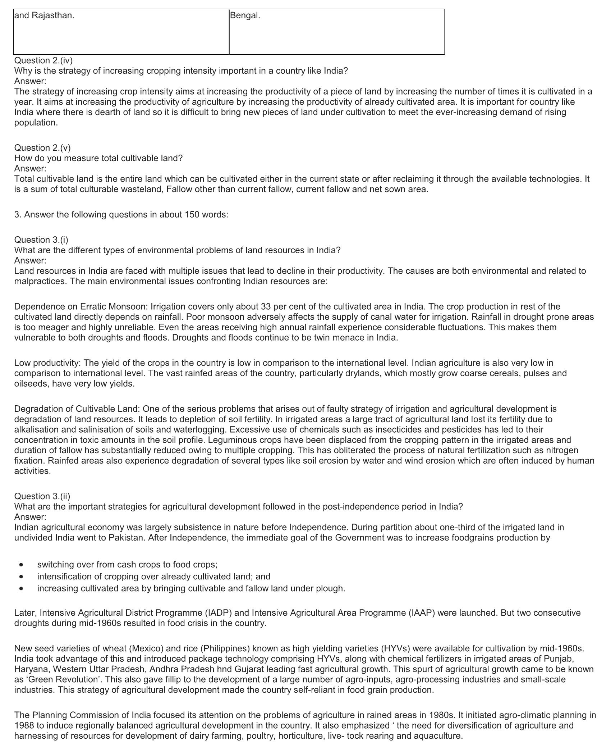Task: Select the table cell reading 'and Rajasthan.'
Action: tap(44, 16)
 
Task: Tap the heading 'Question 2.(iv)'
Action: tap(43, 60)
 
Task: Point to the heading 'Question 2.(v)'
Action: tap(42, 147)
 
